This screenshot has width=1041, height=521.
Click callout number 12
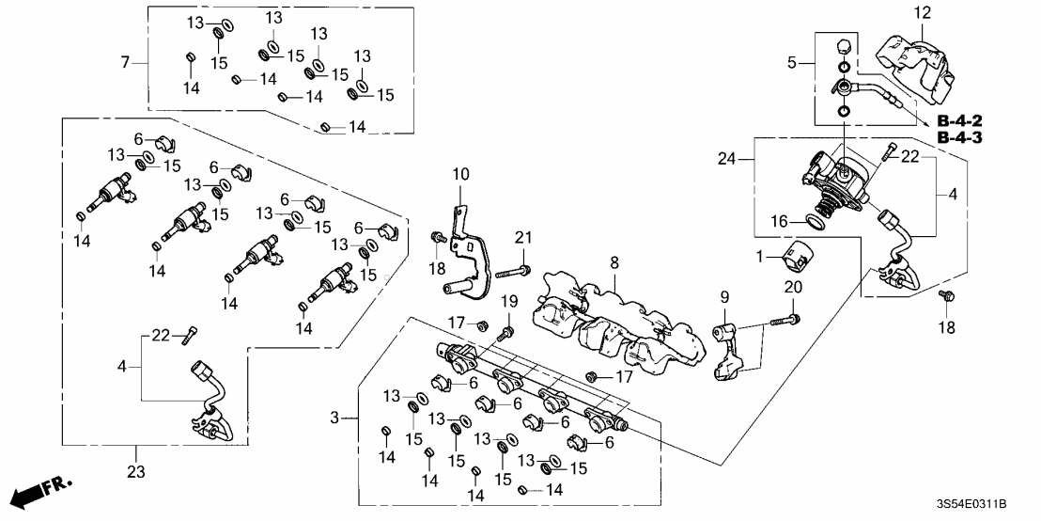[922, 12]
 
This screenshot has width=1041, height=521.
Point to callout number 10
[461, 174]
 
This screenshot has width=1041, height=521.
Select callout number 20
[791, 288]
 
